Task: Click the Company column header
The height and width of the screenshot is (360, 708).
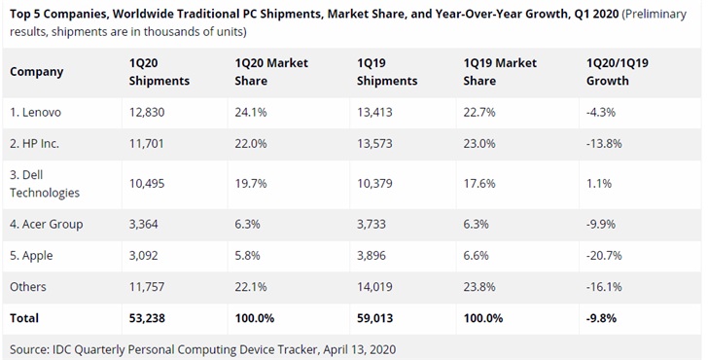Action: tap(38, 71)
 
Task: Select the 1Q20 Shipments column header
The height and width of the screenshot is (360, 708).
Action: tap(159, 71)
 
